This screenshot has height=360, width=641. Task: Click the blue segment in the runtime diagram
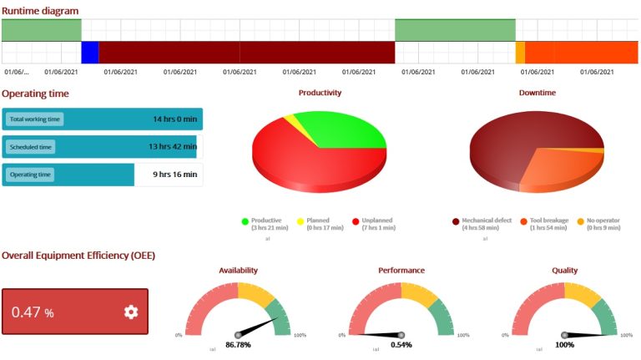click(89, 52)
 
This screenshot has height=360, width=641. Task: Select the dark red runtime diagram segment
click(246, 52)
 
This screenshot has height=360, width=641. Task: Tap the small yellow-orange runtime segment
click(520, 52)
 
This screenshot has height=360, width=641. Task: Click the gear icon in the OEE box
click(131, 312)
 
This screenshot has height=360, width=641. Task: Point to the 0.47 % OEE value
click(33, 312)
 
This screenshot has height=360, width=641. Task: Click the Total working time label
click(35, 119)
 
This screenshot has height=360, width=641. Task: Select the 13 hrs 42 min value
click(173, 147)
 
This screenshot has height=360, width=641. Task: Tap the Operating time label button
click(30, 175)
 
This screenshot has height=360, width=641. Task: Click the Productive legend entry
click(265, 221)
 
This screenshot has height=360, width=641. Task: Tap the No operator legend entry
click(600, 221)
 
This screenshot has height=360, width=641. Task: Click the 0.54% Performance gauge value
click(401, 344)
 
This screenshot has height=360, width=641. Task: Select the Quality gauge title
click(565, 270)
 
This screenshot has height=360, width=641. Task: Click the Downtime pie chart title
click(537, 93)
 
